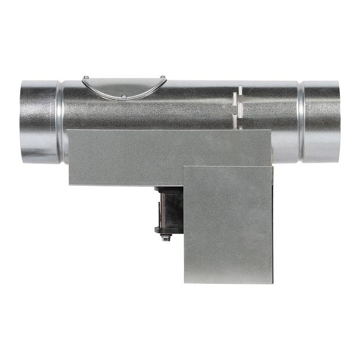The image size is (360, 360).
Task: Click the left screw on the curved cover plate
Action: (86, 77)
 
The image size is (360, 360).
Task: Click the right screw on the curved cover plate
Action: (163, 77)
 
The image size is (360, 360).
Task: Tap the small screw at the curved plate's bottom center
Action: (123, 95)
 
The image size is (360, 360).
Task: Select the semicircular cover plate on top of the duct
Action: (124, 87)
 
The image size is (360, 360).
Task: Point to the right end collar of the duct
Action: (322, 121)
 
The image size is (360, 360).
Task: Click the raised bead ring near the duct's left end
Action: (60, 121)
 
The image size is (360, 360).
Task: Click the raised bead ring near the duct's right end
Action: (301, 121)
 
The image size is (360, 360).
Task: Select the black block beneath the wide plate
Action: (170, 208)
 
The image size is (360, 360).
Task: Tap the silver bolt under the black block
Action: (166, 237)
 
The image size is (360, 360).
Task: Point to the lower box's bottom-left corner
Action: (185, 282)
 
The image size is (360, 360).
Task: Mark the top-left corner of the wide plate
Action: (68, 131)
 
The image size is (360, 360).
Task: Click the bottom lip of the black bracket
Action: (168, 230)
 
